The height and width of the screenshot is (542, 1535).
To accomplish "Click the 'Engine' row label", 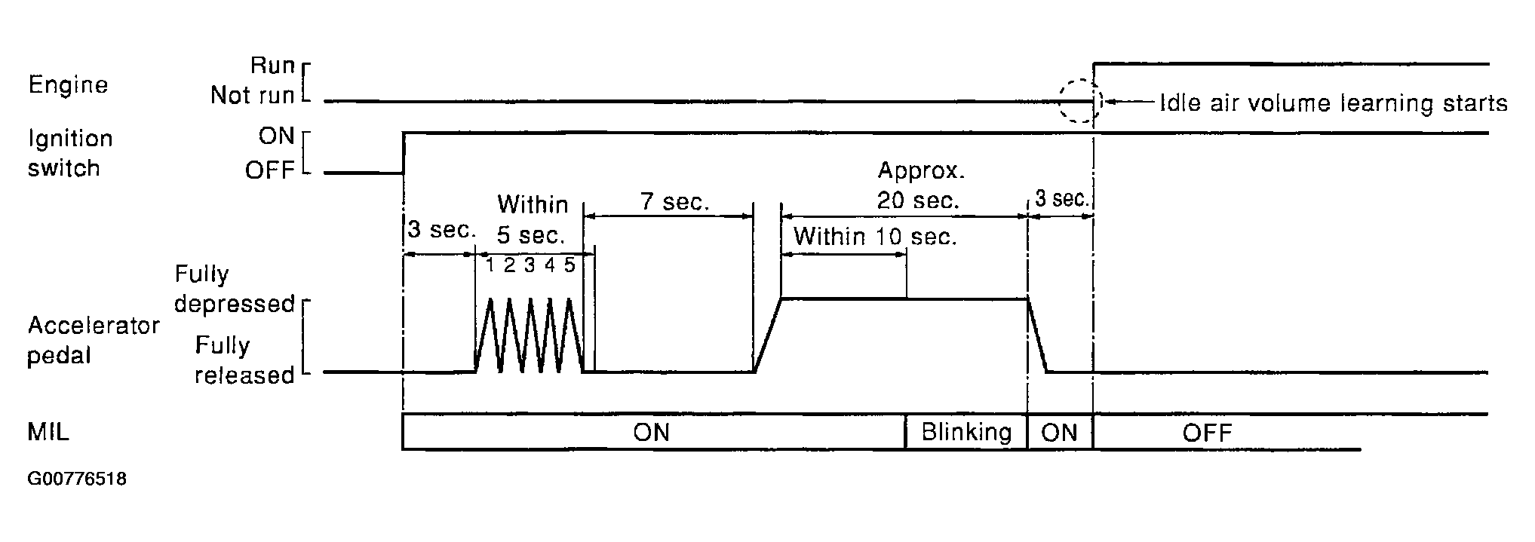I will (68, 85).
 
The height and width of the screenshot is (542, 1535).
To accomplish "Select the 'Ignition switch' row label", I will (69, 153).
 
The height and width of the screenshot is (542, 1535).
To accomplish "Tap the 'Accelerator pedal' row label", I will (93, 340).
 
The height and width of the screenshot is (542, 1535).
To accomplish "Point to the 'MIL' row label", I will (48, 433).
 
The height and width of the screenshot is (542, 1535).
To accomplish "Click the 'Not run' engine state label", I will (252, 96).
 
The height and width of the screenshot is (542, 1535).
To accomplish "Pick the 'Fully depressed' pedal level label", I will (234, 289).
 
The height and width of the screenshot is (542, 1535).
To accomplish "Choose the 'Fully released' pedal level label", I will (244, 360).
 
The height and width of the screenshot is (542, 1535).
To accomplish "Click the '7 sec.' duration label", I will (675, 202).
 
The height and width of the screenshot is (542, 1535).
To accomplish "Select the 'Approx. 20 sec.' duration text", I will (919, 185).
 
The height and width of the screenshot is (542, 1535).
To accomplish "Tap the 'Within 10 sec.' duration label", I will (874, 237).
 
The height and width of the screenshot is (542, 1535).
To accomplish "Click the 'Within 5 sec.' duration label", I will (532, 219).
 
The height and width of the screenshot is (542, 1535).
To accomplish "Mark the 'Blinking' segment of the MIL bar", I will (966, 432).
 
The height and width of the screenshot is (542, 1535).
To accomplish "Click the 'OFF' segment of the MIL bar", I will (1207, 433).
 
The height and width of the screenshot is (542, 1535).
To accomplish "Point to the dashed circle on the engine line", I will (1079, 101).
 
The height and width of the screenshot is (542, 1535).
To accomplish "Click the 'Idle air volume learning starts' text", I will (1333, 103).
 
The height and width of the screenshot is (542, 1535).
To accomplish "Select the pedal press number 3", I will (530, 265).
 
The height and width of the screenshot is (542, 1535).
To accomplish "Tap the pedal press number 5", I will (569, 265).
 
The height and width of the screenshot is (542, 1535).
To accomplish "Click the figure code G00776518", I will (77, 479).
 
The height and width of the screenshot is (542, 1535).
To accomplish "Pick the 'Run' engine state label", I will (272, 66).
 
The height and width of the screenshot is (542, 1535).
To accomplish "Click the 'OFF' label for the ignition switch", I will (269, 170).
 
